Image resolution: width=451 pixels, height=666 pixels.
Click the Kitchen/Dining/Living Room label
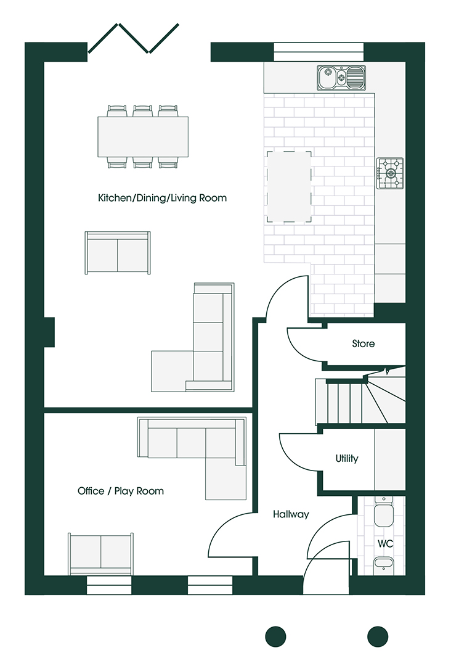coord(162,198)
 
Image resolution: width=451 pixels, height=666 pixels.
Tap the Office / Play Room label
coord(121,491)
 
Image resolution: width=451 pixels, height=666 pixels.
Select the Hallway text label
coord(291,514)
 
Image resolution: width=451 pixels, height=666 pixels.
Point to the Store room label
coord(363,343)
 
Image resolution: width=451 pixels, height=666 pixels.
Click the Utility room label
coord(347,459)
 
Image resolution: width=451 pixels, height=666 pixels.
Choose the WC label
coord(386,544)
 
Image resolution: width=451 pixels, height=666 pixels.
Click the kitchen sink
coord(341,78)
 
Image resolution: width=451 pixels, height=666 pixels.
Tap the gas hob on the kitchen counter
coord(390,173)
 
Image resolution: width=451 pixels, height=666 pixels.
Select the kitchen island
coord(289,186)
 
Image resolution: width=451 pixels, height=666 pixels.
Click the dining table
coord(143,137)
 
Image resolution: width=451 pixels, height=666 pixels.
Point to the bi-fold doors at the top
coord(134,38)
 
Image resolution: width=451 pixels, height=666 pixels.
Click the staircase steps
coord(345,401)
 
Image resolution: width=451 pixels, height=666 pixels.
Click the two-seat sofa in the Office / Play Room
coord(100,553)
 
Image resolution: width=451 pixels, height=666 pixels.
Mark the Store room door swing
coord(306,344)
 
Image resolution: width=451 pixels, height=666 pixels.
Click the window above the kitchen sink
coord(319,52)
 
